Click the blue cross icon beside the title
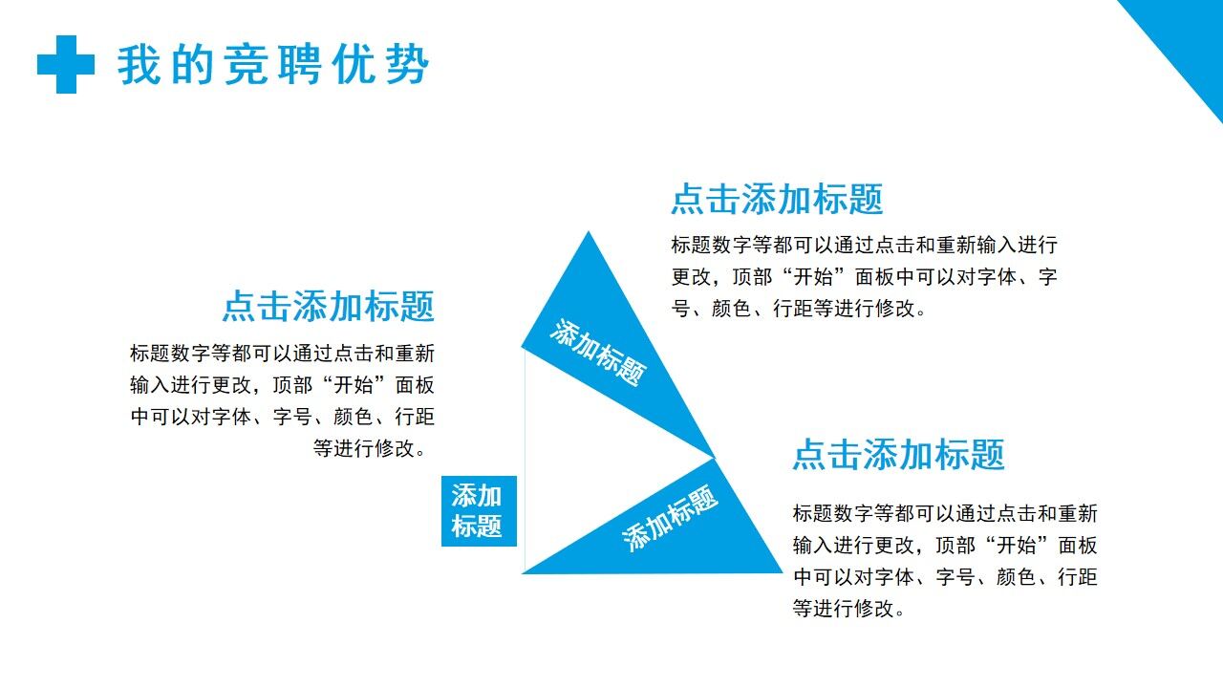tap(66, 64)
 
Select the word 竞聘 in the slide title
tap(272, 66)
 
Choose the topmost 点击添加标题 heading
tap(777, 199)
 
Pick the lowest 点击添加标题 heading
tap(898, 455)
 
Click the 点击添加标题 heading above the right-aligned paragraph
tap(329, 307)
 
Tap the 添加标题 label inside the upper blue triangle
tap(598, 353)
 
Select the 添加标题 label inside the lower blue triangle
tap(671, 518)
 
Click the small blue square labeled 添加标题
tap(478, 511)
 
